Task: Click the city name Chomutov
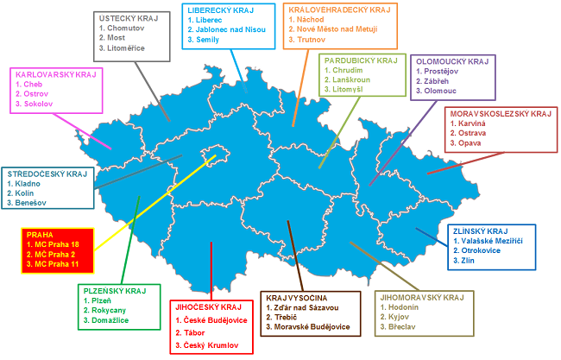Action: pyautogui.click(x=127, y=28)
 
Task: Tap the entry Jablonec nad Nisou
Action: pyautogui.click(x=231, y=28)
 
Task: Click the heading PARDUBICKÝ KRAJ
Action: pyautogui.click(x=360, y=61)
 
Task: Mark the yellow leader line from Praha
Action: pyautogui.click(x=154, y=202)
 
